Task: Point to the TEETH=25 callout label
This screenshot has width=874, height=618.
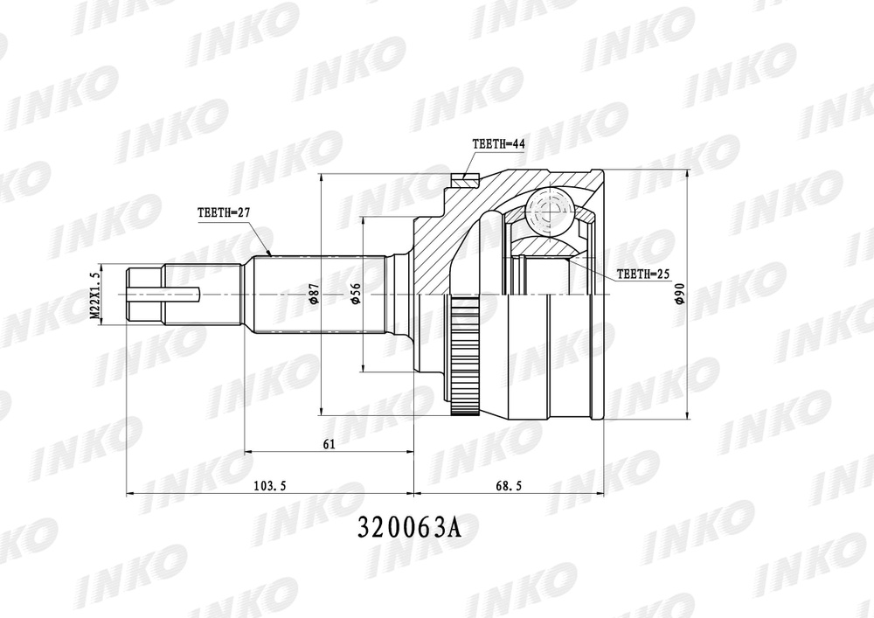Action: (x=642, y=274)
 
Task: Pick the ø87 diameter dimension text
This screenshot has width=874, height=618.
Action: (x=313, y=295)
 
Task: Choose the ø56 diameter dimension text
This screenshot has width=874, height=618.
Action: (x=355, y=295)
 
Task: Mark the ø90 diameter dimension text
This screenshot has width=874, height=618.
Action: (x=679, y=295)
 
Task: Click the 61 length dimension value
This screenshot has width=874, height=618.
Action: (x=329, y=444)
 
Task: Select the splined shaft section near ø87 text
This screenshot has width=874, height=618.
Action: (x=288, y=295)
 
